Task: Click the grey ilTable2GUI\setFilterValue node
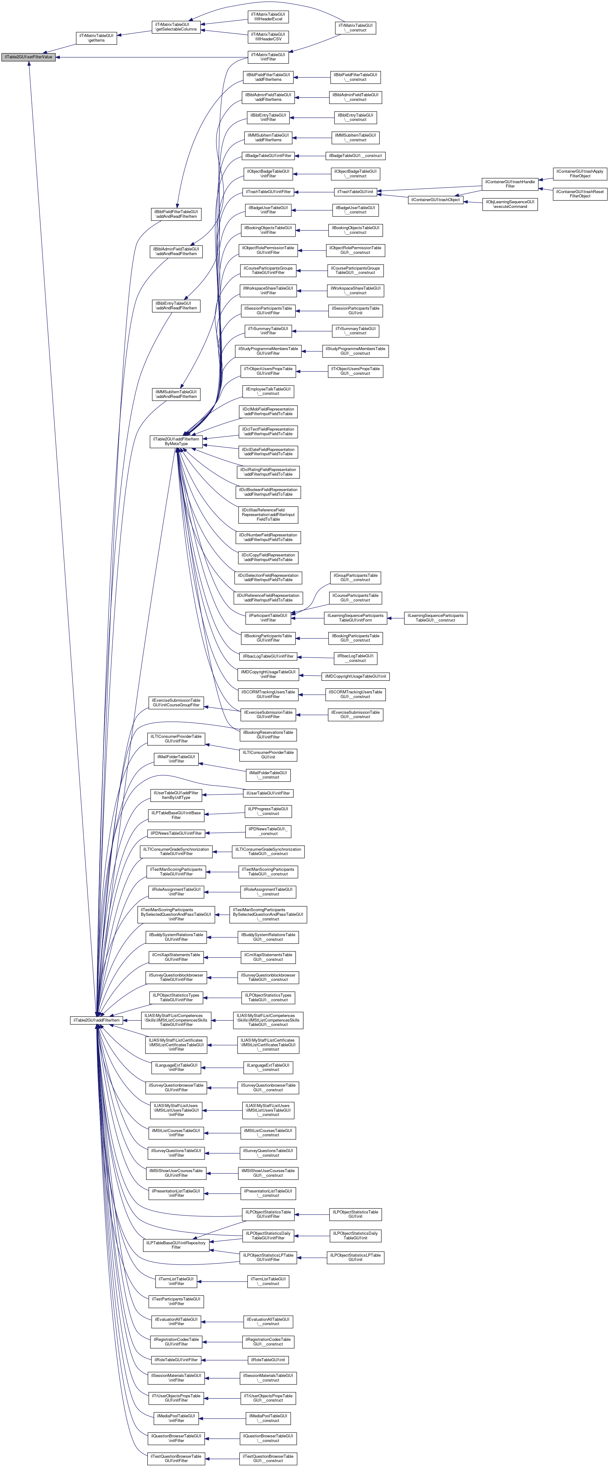coord(28,57)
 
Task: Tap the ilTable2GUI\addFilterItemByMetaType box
coord(176,441)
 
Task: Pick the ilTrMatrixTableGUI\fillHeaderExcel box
coord(268,17)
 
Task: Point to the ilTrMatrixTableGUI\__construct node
coord(356,28)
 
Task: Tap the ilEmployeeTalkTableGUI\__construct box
coord(268,391)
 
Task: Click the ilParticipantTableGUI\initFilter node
coord(268,618)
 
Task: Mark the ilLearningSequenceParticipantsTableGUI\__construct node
coord(435,618)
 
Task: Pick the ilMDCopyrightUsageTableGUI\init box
coord(355,676)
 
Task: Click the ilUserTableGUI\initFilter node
coord(268,793)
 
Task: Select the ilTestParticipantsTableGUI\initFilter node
coord(176,1301)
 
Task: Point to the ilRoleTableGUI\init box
coord(268,1360)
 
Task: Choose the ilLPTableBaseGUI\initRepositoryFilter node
coord(176,1245)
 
